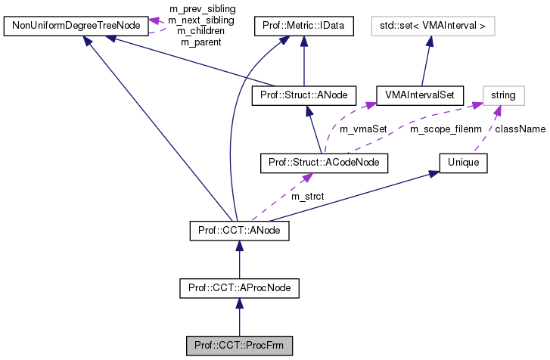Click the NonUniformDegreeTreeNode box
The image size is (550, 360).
click(74, 27)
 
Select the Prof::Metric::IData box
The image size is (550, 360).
click(303, 27)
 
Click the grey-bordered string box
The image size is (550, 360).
click(502, 95)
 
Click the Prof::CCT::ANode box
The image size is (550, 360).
click(239, 228)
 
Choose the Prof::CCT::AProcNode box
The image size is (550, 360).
click(239, 288)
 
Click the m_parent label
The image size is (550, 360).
click(201, 42)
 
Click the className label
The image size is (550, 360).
click(520, 129)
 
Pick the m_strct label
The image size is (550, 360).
click(307, 197)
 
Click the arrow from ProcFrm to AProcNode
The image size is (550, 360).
click(239, 318)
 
